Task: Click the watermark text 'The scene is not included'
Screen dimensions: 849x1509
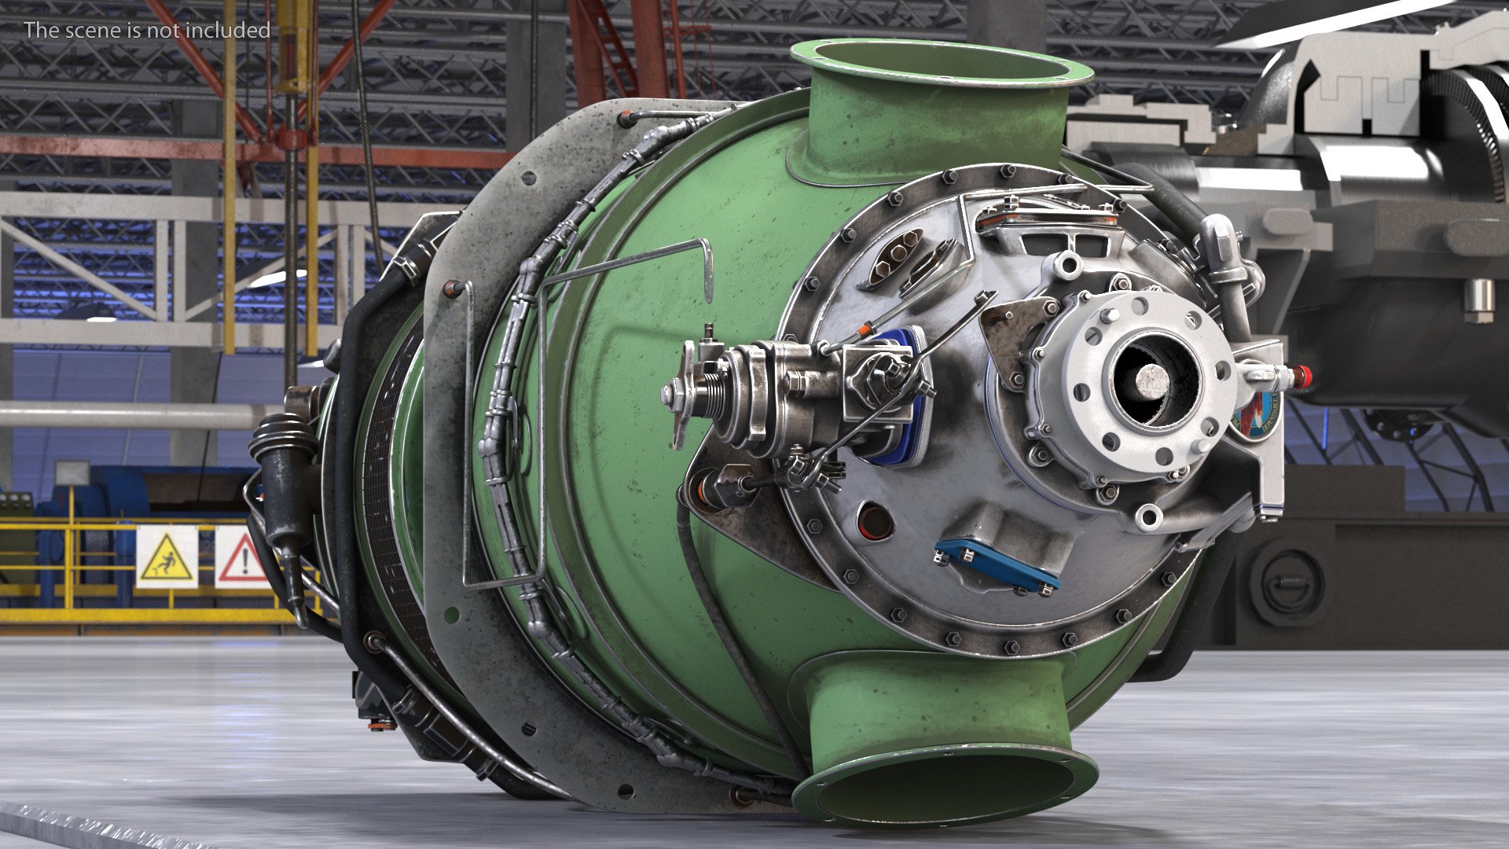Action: point(147,31)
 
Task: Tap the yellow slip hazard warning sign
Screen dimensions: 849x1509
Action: point(167,557)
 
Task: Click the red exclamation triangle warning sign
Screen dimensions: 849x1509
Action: point(242,557)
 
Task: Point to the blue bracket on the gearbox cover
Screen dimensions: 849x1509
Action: point(996,565)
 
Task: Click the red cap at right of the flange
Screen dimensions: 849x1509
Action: point(1301,377)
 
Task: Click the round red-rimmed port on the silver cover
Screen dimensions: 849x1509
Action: point(875,520)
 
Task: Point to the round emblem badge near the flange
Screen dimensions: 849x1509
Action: point(1255,417)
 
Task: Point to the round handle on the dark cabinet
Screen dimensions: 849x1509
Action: point(1287,582)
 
